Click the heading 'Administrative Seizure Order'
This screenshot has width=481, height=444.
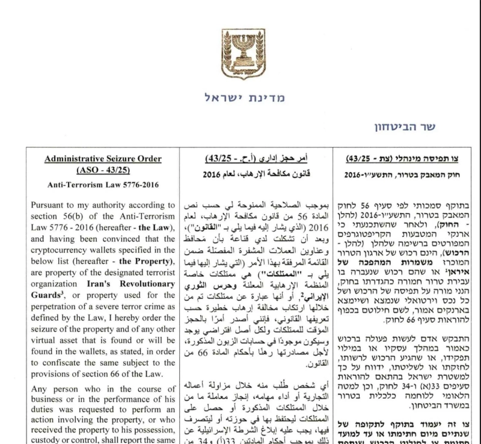coord(103,159)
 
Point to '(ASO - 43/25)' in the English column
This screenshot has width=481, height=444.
coord(103,171)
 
